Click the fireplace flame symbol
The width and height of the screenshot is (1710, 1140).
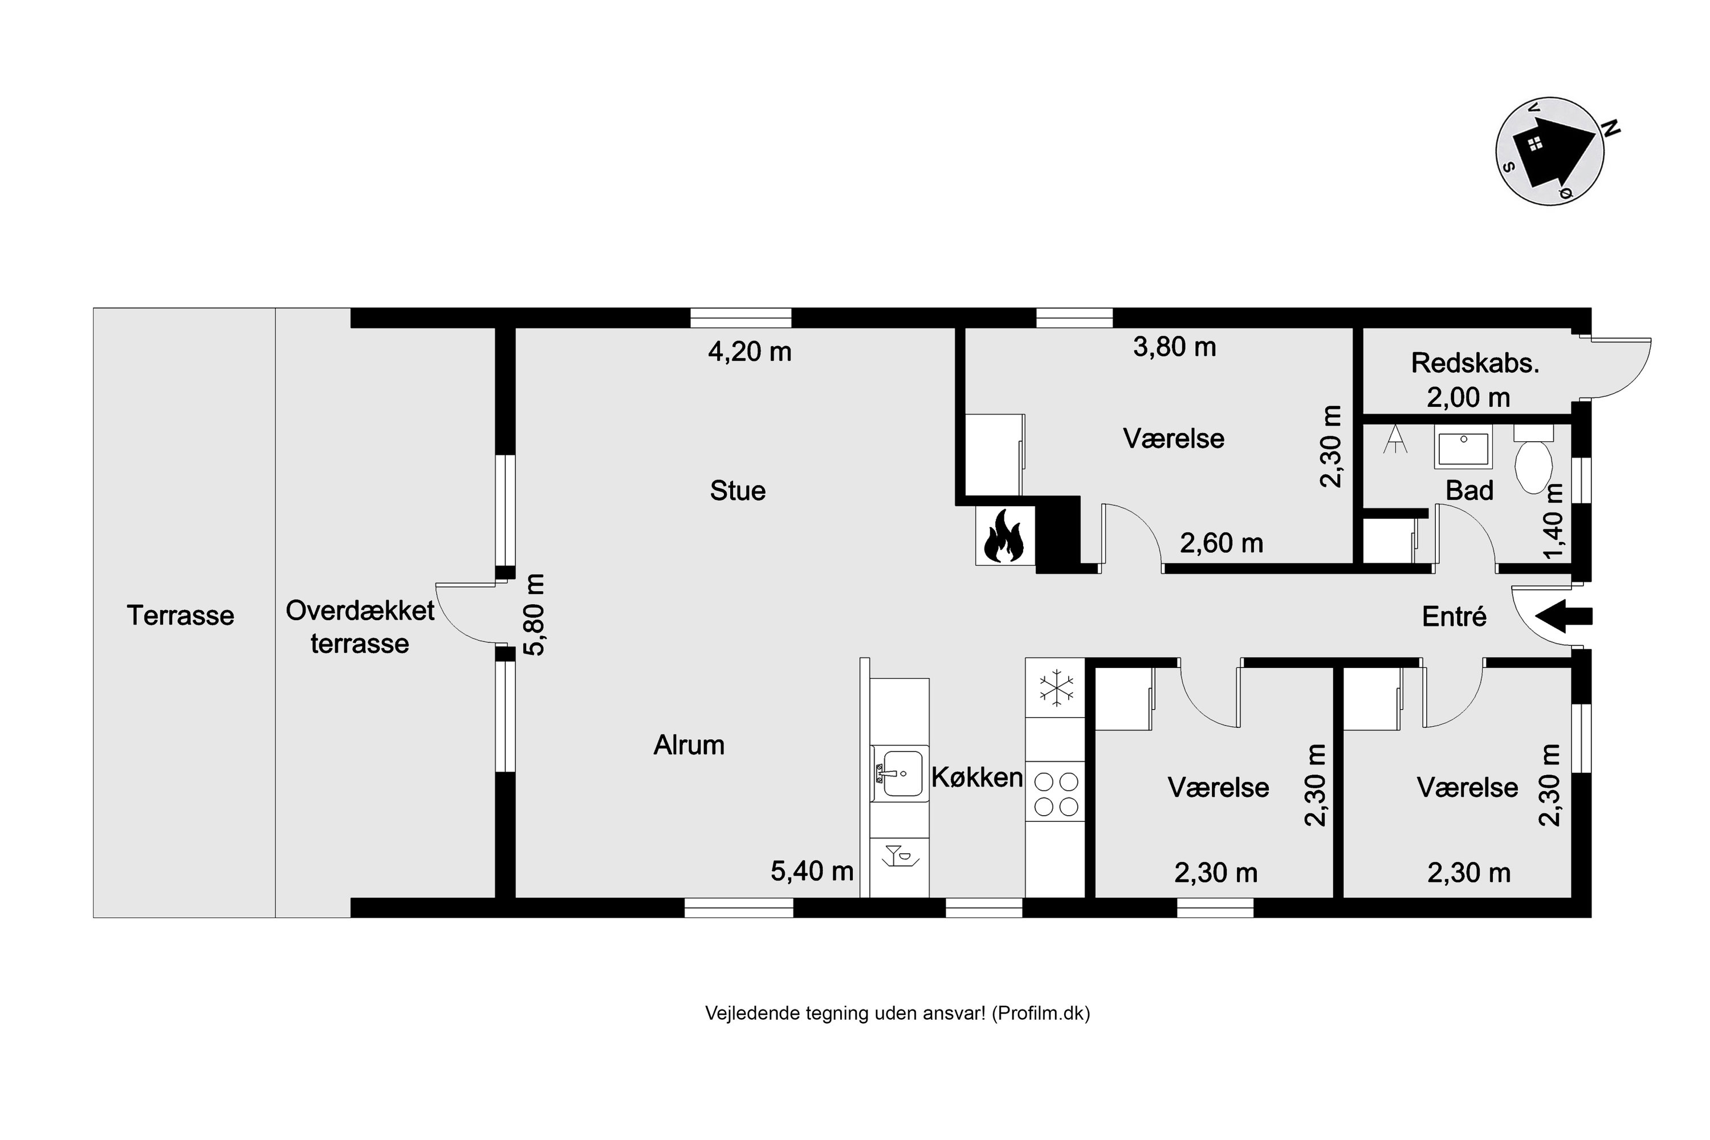click(x=1003, y=536)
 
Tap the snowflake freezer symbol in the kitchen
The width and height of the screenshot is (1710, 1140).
click(x=1056, y=687)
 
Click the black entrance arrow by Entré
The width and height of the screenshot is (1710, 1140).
click(x=1563, y=617)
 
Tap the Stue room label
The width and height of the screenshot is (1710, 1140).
click(x=737, y=491)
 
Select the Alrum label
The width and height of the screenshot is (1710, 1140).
click(x=689, y=745)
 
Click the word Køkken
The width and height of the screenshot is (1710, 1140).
click(x=976, y=778)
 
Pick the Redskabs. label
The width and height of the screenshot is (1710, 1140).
click(x=1475, y=364)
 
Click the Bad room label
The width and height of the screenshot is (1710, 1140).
click(x=1469, y=491)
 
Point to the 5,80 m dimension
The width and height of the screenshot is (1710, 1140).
click(x=535, y=615)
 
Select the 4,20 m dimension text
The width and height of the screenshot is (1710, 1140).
click(x=749, y=352)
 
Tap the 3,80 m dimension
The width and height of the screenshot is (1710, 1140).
click(x=1174, y=347)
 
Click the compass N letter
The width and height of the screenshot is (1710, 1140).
click(x=1611, y=129)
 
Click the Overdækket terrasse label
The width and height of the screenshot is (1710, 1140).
click(x=360, y=626)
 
